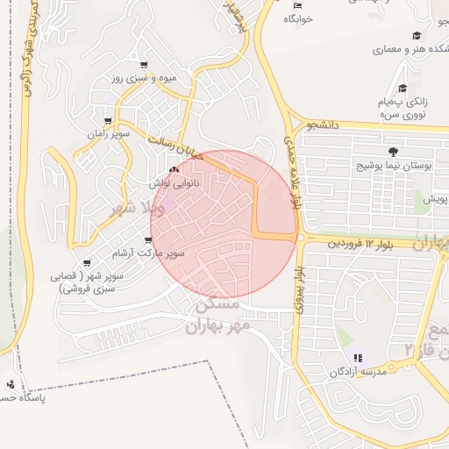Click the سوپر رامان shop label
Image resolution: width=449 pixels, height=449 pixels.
click(108, 134)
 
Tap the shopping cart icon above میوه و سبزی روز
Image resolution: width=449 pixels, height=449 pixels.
click(144, 65)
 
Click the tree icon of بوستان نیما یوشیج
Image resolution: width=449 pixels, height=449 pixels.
click(391, 151)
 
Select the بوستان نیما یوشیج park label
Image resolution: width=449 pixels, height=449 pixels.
click(391, 164)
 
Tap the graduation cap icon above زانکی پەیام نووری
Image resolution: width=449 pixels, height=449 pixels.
click(403, 89)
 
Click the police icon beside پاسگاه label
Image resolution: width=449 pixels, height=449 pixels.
click(10, 384)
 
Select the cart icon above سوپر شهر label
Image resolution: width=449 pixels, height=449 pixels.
click(86, 263)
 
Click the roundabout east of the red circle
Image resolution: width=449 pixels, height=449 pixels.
click(299, 238)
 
